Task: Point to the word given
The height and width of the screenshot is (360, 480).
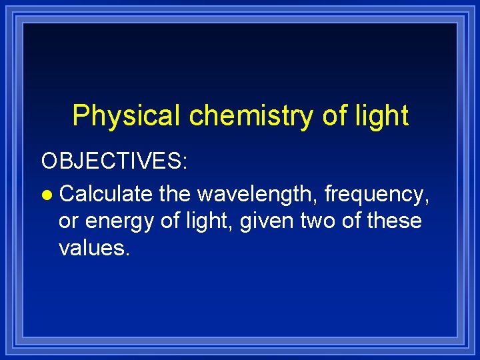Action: point(257,221)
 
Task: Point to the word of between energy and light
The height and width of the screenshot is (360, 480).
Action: point(166,220)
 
